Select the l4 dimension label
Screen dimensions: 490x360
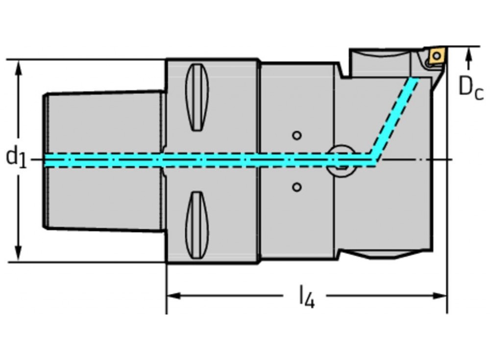[x=307, y=296]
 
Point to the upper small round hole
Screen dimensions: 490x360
[x=296, y=135]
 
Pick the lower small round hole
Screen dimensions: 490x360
[x=296, y=187]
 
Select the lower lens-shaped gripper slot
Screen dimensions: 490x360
[x=197, y=225]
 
